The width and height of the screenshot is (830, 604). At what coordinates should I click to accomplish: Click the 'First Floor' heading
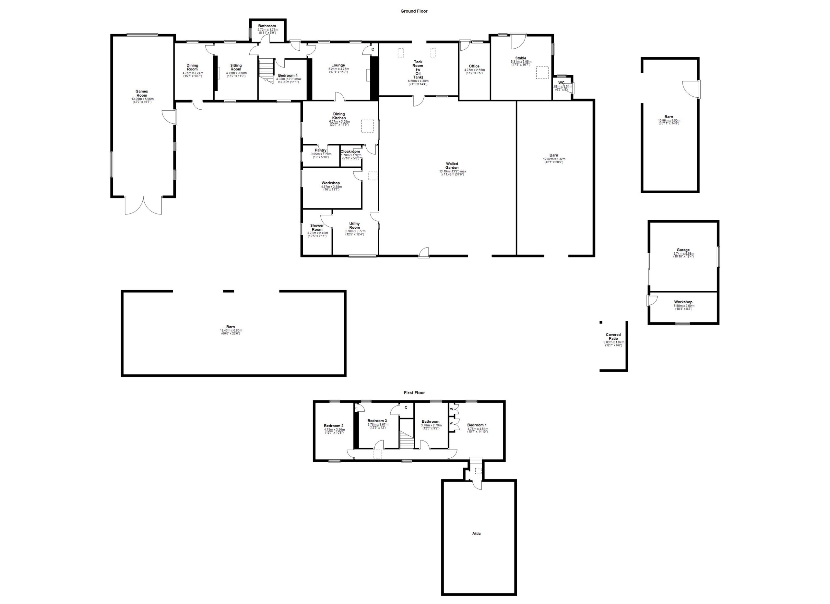[414, 393]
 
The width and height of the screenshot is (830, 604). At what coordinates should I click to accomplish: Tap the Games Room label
[142, 93]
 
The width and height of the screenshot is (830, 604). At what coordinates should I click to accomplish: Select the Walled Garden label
[452, 166]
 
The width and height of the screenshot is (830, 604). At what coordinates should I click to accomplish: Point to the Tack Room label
[418, 69]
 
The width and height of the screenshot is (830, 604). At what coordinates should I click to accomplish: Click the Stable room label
[520, 58]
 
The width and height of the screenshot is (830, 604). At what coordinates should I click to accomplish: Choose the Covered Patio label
[613, 336]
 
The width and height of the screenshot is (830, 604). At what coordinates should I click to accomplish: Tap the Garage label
[683, 250]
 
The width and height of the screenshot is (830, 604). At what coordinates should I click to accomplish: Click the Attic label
[476, 533]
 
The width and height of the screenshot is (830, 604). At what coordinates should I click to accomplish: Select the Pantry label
[321, 150]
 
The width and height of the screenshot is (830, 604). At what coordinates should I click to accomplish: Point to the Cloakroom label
[350, 151]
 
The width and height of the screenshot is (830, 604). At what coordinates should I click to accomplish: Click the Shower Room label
[317, 227]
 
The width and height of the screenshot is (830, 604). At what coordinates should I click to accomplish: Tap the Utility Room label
[354, 225]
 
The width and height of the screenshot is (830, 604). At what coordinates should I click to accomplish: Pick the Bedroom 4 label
[288, 75]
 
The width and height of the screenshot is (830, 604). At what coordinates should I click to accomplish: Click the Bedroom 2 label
[333, 426]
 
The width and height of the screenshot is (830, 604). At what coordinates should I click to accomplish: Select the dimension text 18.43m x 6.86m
[231, 330]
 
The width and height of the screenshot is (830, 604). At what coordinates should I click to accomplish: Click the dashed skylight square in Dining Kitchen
[367, 125]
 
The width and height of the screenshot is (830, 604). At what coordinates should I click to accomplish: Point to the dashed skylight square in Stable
[542, 72]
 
